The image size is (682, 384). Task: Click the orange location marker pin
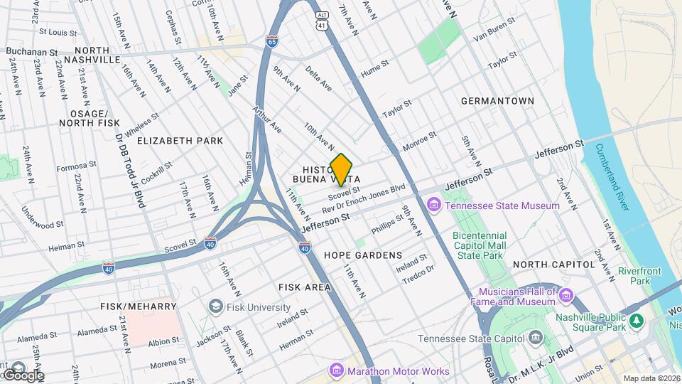pyautogui.click(x=341, y=169)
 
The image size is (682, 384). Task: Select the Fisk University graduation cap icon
pyautogui.click(x=215, y=306)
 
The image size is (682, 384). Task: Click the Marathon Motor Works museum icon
pyautogui.click(x=336, y=370)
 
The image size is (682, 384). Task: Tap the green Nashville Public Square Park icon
pyautogui.click(x=637, y=321)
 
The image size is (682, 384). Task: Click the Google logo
pyautogui.click(x=23, y=375)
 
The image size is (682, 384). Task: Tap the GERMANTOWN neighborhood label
pyautogui.click(x=497, y=101)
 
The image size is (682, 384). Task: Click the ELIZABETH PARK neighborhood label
pyautogui.click(x=180, y=141)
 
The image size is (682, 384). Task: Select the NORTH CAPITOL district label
pyautogui.click(x=553, y=265)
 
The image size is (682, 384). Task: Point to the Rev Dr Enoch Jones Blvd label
pyautogui.click(x=363, y=198)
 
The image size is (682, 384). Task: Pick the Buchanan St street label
pyautogui.click(x=32, y=52)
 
